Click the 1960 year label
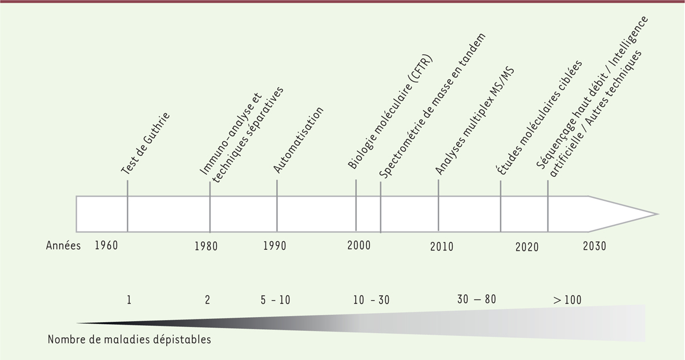106,246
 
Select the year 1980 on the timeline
206,246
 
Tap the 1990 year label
275,246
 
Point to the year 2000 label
359,246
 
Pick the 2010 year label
442,246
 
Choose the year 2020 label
527,247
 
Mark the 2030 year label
594,246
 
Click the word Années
63,246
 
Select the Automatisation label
299,139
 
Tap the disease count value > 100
567,300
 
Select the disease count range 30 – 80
477,299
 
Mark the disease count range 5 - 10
276,300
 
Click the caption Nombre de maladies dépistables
130,340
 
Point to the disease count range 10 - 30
371,300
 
